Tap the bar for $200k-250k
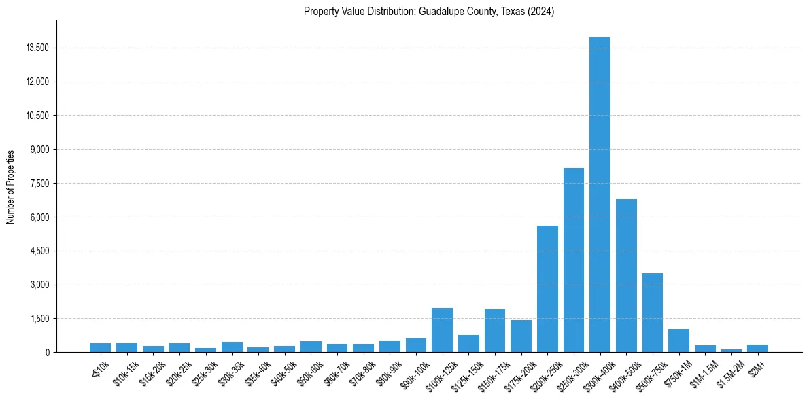coord(547,289)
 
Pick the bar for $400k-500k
coord(626,275)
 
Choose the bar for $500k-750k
coord(653,313)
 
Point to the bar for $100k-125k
coord(442,330)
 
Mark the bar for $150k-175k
coord(495,330)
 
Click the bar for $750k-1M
coord(678,341)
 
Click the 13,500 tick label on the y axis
coord(37,48)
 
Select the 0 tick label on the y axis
coord(48,353)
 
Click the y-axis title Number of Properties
coord(11,187)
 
